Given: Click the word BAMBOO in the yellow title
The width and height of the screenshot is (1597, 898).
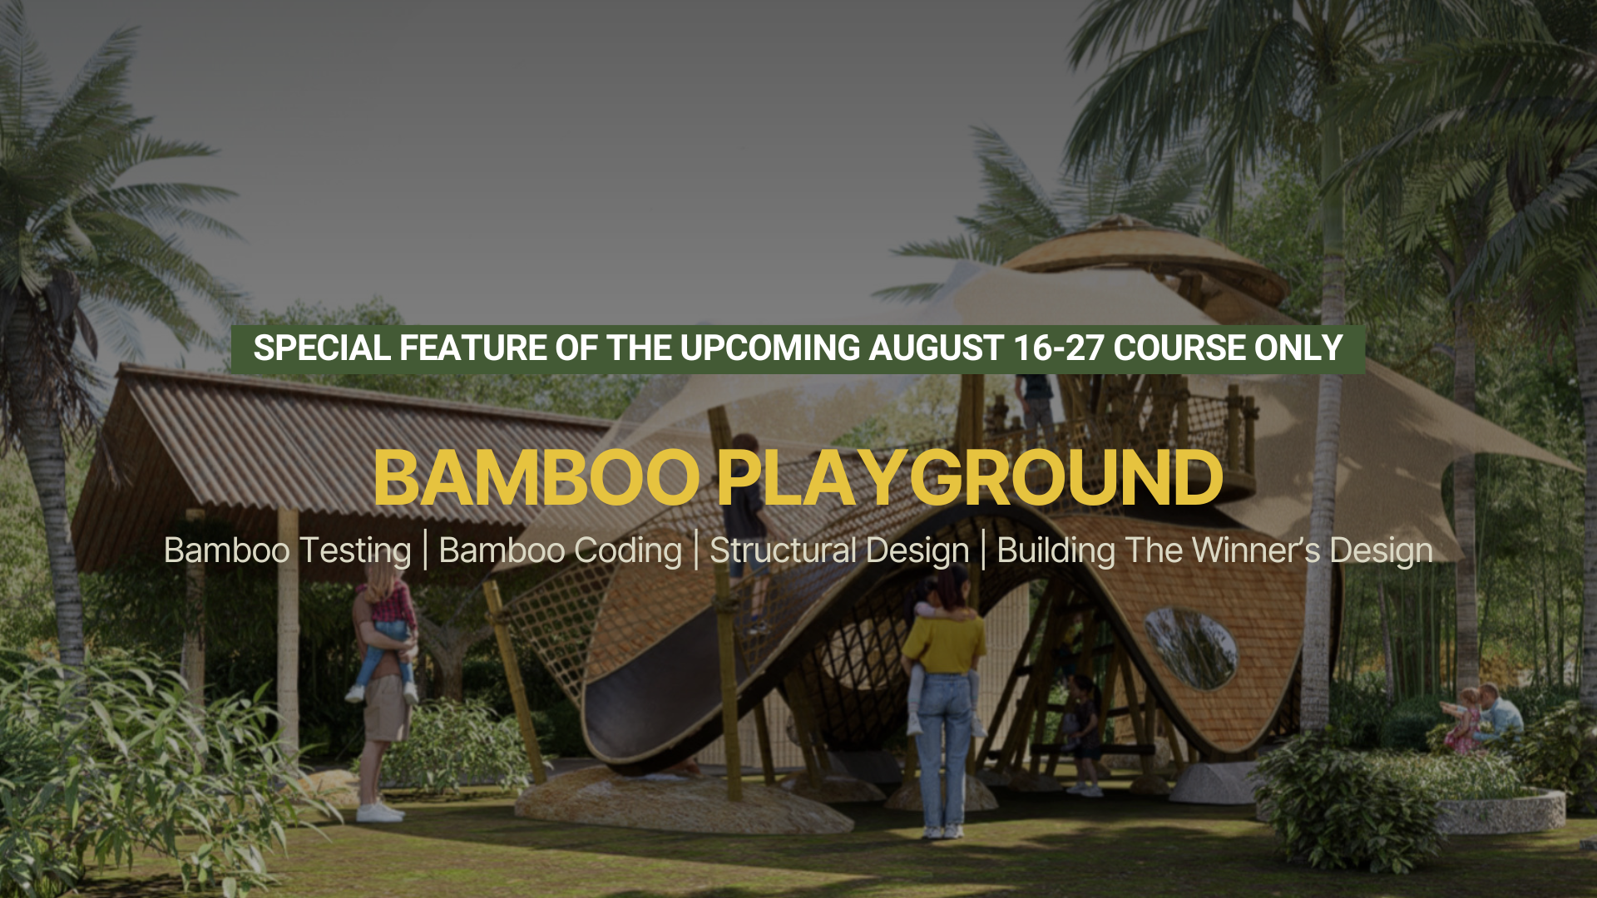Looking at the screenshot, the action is [x=537, y=478].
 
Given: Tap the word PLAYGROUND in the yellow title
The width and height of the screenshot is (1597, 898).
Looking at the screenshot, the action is [x=970, y=478].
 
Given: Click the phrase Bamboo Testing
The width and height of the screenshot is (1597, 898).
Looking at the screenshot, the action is [x=288, y=551].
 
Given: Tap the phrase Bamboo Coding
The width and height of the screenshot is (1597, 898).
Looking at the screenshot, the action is [x=561, y=551].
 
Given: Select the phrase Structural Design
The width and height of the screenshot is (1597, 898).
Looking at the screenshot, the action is [x=839, y=551].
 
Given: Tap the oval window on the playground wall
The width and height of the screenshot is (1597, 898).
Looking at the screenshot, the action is [x=1191, y=648].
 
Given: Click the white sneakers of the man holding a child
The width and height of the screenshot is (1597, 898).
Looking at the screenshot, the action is [x=378, y=811].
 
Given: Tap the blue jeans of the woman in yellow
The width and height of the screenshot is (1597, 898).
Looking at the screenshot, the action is [x=944, y=752].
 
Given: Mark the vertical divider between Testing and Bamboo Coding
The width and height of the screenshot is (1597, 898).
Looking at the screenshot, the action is [x=425, y=550].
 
